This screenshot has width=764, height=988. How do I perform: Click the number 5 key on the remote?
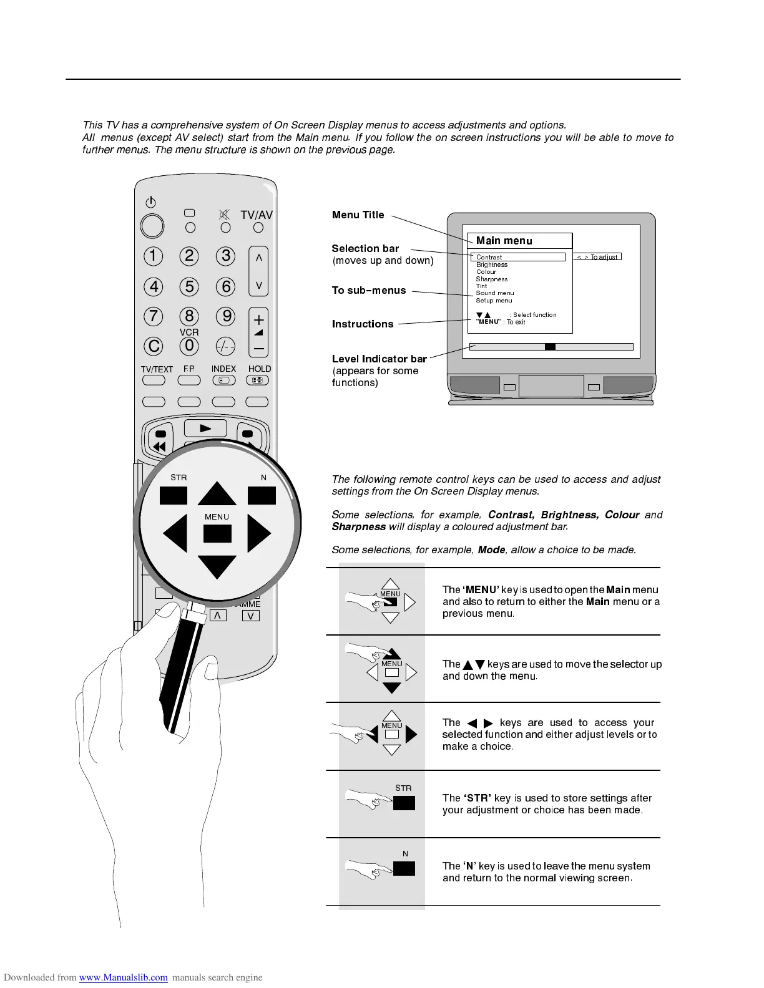pos(189,286)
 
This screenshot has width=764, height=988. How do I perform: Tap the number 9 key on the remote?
pos(226,316)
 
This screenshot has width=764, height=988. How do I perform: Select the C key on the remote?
pos(153,346)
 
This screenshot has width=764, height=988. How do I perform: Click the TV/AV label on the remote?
pos(257,215)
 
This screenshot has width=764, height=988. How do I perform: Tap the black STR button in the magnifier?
pos(174,495)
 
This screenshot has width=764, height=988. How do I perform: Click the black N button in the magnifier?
pos(262,495)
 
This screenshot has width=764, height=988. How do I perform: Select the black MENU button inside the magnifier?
pos(217,534)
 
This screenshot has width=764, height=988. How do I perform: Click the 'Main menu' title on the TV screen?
pos(504,241)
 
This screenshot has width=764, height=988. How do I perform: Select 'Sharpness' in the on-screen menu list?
pos(492,279)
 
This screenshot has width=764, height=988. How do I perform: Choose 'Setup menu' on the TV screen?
pos(494,301)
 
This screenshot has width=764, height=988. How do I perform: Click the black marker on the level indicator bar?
pos(550,347)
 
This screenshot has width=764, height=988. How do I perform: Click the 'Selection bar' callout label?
pos(365,248)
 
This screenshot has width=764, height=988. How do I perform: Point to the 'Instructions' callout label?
pos(363,324)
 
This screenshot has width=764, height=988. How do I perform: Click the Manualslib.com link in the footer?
pos(124,977)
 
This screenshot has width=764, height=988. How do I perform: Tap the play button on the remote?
pos(205,428)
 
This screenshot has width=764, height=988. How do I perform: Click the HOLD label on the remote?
pos(260,369)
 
